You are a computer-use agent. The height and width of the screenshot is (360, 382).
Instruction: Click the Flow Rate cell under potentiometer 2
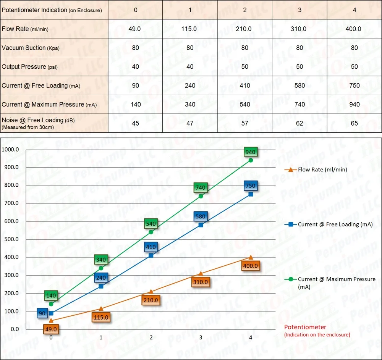(x=245, y=29)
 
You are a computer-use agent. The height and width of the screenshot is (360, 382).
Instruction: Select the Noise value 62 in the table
(x=299, y=123)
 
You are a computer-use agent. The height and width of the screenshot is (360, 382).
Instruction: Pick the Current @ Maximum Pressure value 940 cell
(x=354, y=104)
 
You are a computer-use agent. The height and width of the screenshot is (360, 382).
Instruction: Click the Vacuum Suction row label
(x=31, y=48)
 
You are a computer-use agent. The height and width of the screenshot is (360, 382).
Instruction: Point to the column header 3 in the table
(x=299, y=10)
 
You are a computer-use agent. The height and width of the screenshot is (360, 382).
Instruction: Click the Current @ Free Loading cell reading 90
(x=136, y=86)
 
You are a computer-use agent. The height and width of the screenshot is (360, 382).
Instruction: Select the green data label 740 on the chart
(x=200, y=187)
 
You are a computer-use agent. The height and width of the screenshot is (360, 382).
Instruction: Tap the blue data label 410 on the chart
(x=151, y=247)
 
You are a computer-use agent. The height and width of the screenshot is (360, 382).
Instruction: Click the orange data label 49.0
(x=51, y=329)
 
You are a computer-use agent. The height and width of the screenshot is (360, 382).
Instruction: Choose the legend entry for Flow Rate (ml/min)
(x=322, y=170)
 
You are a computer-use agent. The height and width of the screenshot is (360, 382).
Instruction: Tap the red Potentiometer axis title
(x=305, y=327)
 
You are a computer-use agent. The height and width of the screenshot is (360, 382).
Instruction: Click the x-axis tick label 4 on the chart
(x=251, y=337)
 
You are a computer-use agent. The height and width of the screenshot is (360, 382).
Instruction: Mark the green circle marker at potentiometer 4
(x=251, y=160)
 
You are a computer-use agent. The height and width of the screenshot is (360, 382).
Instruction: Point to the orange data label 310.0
(x=201, y=282)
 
